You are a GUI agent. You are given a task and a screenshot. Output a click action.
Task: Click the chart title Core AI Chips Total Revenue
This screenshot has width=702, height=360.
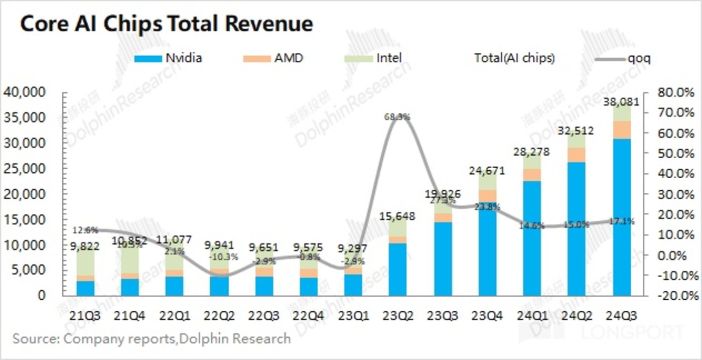pos(166,23)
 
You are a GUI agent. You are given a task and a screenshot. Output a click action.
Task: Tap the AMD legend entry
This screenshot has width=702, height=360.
pos(275,58)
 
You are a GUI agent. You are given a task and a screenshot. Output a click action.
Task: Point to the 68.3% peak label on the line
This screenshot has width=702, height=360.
pos(397,116)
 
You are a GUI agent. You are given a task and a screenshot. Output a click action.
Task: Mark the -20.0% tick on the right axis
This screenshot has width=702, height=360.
pos(670,296)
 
